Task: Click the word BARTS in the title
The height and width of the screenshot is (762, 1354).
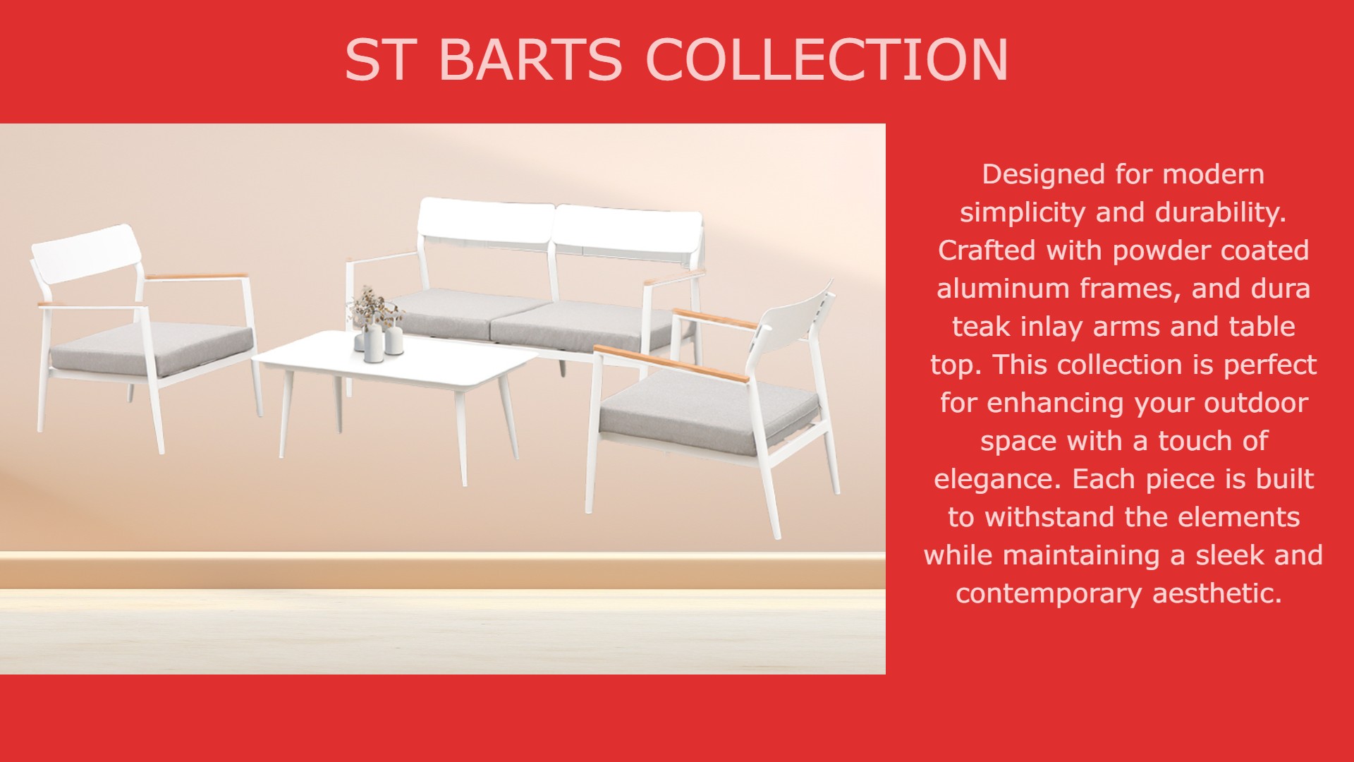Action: [530, 59]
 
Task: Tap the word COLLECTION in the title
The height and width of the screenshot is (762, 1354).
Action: [827, 59]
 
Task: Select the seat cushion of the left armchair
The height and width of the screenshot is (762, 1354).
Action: [152, 348]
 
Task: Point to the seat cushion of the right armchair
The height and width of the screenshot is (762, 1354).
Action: [709, 411]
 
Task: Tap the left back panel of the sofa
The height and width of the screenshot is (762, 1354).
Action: [486, 222]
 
